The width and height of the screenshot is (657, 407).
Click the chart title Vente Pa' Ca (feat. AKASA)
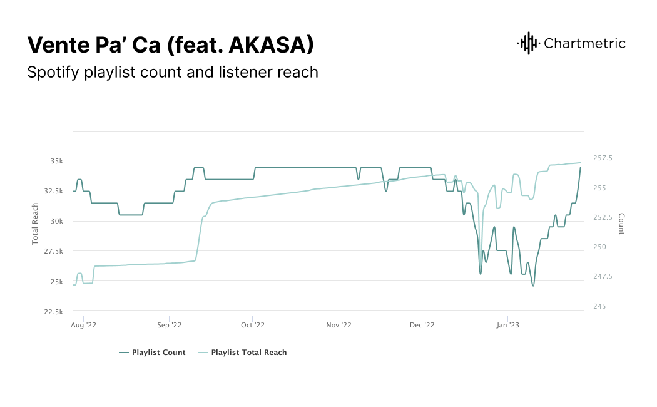170,44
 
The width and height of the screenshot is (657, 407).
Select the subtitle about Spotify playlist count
173,72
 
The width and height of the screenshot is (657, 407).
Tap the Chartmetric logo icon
528,43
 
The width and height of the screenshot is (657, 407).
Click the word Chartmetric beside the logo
584,43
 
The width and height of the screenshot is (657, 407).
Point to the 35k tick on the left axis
57,161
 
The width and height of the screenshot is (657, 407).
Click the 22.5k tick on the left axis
53,312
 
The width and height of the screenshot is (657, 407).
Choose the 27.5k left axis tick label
53,252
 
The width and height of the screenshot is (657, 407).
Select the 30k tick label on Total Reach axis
57,221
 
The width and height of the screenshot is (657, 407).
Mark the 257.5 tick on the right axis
603,158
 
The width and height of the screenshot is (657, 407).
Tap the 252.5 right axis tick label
603,217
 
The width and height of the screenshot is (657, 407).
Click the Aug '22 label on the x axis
83,325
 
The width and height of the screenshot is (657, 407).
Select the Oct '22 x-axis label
253,325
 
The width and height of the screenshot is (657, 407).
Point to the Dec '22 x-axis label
422,325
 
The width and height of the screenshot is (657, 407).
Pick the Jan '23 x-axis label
507,325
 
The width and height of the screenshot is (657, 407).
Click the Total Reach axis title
36,224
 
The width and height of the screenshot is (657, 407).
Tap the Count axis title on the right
621,224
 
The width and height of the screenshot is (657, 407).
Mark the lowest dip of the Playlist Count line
533,286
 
